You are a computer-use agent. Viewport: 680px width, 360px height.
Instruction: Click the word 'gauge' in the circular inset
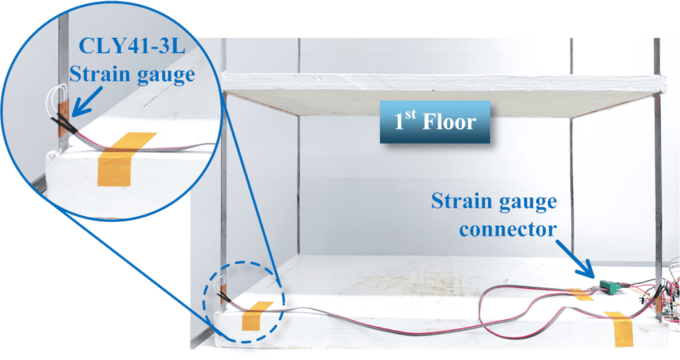pyautogui.click(x=163, y=74)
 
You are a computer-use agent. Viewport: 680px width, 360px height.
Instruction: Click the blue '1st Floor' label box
pyautogui.click(x=434, y=122)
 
